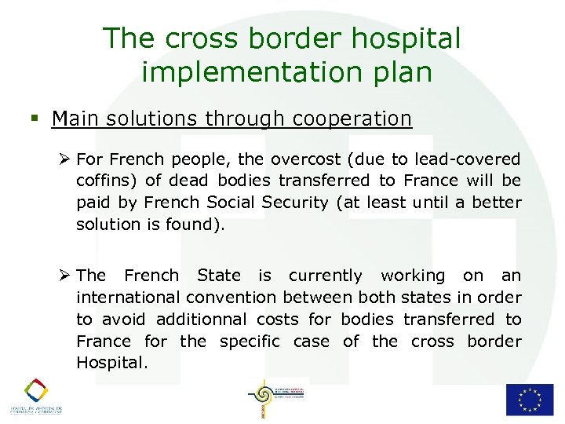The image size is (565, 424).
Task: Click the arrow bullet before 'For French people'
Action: (x=65, y=159)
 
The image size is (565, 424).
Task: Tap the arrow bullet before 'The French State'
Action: (x=65, y=275)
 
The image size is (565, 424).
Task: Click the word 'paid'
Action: (x=93, y=203)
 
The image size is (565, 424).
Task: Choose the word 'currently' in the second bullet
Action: (x=325, y=276)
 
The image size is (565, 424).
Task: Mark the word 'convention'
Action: (x=231, y=298)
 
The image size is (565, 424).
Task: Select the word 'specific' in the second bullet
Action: (x=250, y=342)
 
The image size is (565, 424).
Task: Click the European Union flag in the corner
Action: (x=529, y=399)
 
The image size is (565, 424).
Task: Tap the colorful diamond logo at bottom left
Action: (x=35, y=390)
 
